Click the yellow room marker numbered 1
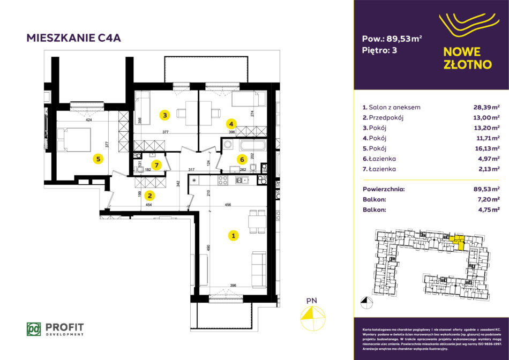pyautogui.click(x=233, y=235)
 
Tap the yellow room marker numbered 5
pyautogui.click(x=97, y=158)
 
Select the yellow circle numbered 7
pyautogui.click(x=156, y=165)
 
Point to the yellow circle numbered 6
pyautogui.click(x=242, y=159)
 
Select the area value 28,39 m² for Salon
pyautogui.click(x=485, y=107)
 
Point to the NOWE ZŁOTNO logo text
pyautogui.click(x=468, y=58)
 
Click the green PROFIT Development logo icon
pyautogui.click(x=34, y=328)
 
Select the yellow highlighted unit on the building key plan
pyautogui.click(x=458, y=243)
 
